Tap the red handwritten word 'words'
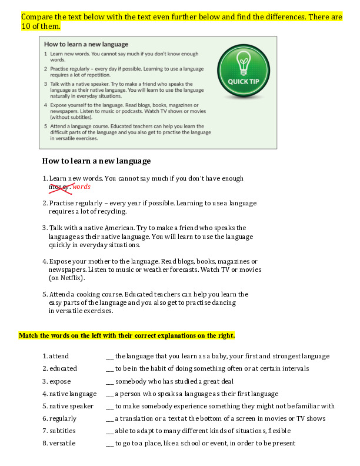pyautogui.click(x=81, y=187)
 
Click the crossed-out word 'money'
pyautogui.click(x=59, y=187)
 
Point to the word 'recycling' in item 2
pyautogui.click(x=108, y=211)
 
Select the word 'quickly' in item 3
pyautogui.click(x=61, y=245)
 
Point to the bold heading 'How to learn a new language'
pyautogui.click(x=96, y=161)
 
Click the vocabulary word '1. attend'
pyautogui.click(x=56, y=356)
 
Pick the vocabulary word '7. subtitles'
pyautogui.click(x=59, y=431)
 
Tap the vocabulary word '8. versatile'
pyautogui.click(x=59, y=443)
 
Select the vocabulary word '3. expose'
pyautogui.click(x=56, y=381)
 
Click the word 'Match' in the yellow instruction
pyautogui.click(x=30, y=335)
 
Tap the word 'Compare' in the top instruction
pyautogui.click(x=39, y=17)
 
